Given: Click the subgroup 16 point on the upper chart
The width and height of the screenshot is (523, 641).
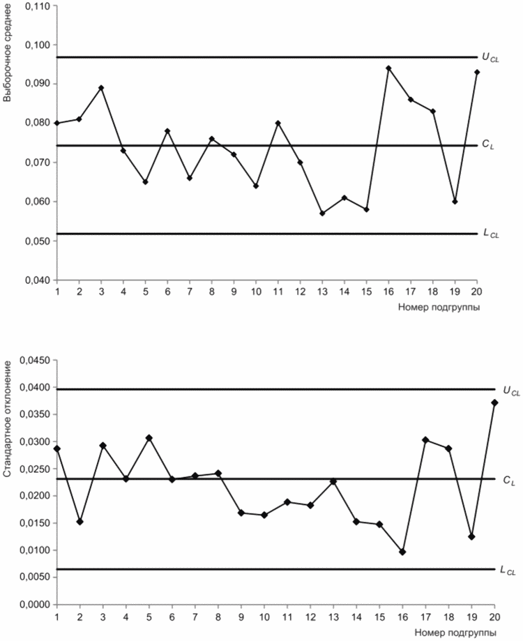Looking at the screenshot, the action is point(388,68).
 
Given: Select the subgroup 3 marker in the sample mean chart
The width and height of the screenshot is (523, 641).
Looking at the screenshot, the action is point(101,88).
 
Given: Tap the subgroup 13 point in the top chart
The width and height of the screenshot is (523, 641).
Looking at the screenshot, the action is point(322,213).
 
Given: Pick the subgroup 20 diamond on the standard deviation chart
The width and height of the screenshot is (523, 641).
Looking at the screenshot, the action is point(495,402).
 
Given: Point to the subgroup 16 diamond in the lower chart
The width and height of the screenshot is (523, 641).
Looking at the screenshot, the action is point(402,552).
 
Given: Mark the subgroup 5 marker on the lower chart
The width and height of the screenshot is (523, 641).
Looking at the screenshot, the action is point(149,438).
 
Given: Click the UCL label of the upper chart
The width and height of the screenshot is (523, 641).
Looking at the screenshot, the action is point(491,58).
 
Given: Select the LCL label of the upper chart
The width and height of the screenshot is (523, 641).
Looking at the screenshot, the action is point(491,234).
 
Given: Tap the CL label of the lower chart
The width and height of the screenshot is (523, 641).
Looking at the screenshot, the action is point(509,481).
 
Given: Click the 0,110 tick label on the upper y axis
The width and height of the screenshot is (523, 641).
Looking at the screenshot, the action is point(36,6).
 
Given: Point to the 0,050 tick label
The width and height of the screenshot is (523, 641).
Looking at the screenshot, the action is point(36,241).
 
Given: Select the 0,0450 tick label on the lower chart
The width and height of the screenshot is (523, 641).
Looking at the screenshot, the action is point(34,360).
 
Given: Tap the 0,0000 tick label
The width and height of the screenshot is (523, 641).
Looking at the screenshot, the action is point(34,604).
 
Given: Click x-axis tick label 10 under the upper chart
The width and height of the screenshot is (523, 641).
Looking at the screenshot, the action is point(256,292).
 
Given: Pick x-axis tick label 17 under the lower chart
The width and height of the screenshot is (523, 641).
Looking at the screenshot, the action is point(426,617).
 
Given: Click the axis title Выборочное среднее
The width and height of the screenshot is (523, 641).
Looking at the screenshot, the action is point(7,54).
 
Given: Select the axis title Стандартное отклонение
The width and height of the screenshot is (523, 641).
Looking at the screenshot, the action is point(7,419).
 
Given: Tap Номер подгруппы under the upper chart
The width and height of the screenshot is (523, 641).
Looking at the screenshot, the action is point(439,308).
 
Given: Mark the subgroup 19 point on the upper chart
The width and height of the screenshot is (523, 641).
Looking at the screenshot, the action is point(455,202).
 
